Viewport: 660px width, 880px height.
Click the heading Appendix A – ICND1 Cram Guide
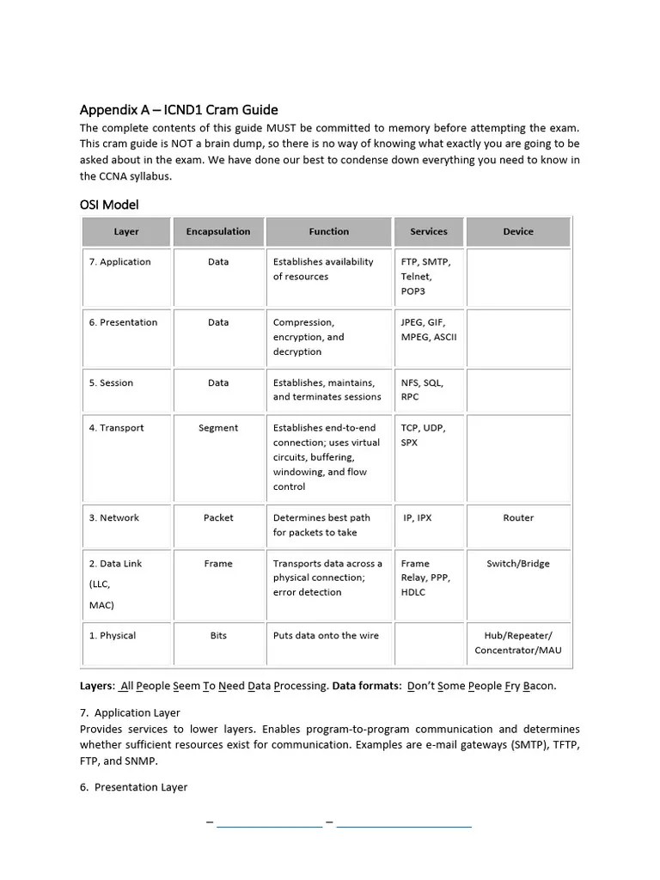[179, 109]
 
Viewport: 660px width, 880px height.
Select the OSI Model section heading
[109, 205]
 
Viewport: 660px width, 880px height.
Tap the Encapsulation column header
[218, 231]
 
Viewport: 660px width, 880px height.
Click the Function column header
[329, 231]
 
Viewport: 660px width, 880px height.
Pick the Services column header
[429, 231]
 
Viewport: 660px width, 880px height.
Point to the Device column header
[518, 231]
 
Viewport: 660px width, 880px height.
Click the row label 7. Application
[119, 262]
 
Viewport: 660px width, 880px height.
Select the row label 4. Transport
[116, 428]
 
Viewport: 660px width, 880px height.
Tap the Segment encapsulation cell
[218, 428]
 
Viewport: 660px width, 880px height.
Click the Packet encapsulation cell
[218, 518]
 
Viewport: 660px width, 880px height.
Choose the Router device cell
[518, 518]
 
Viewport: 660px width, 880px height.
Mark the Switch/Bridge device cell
[518, 564]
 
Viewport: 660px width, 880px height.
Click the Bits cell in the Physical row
[218, 636]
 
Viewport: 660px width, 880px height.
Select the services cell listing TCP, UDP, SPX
[423, 435]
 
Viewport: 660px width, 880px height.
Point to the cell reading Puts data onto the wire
[326, 636]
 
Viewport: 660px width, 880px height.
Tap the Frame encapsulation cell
[218, 564]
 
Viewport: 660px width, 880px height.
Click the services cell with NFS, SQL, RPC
[422, 389]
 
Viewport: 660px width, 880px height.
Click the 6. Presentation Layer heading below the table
[133, 787]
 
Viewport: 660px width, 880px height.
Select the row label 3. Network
[113, 518]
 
